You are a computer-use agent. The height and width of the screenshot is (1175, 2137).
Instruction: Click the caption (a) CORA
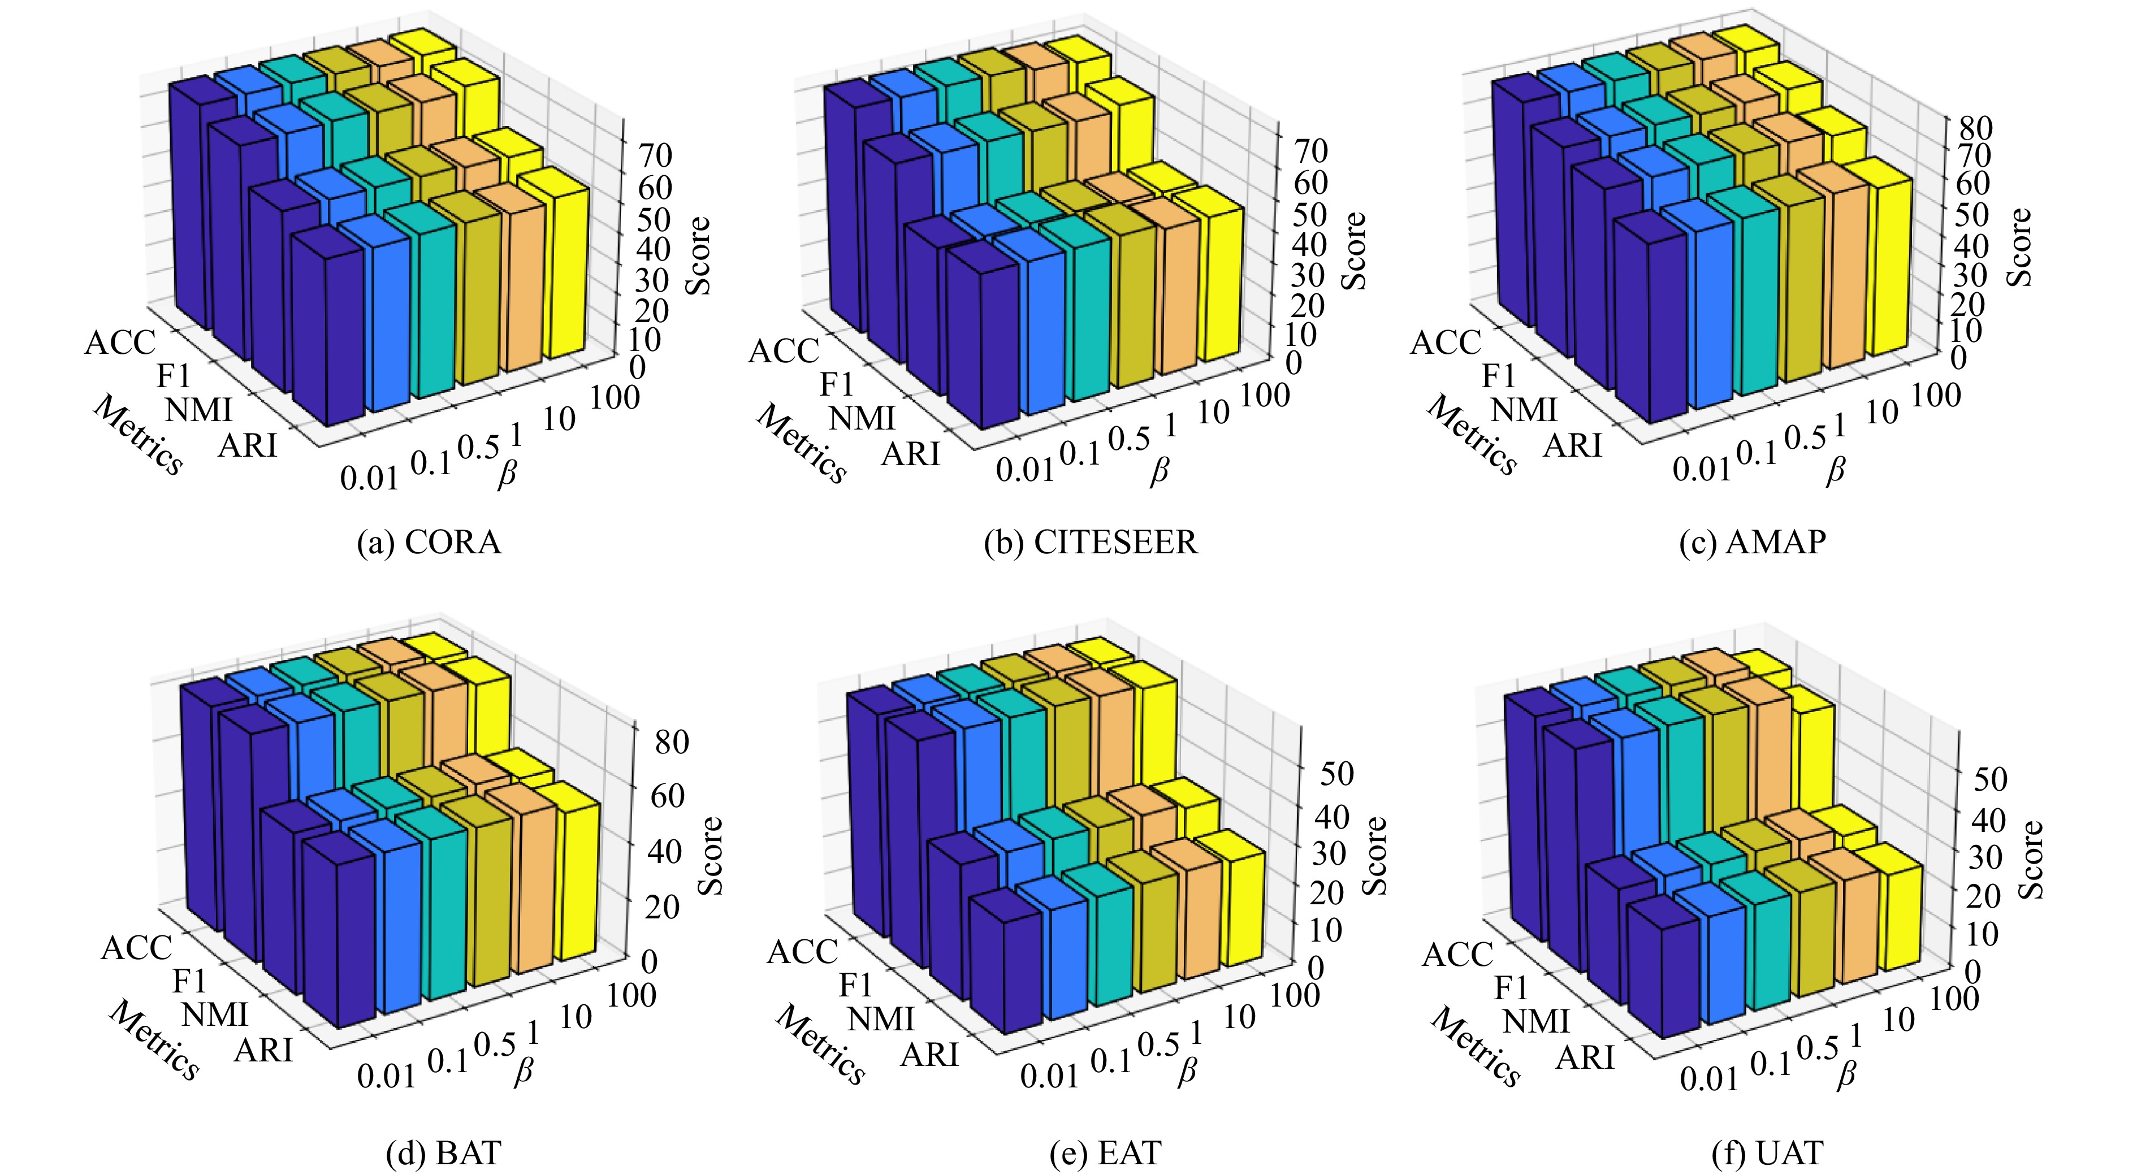pos(429,543)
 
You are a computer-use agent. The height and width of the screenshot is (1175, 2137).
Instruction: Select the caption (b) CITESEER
pos(1091,543)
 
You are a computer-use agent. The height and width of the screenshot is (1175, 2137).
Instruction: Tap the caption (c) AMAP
pos(1752,543)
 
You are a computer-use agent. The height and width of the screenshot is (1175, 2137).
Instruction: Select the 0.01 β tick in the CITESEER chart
pos(1024,470)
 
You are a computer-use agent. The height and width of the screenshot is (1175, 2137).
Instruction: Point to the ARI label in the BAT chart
pos(264,1051)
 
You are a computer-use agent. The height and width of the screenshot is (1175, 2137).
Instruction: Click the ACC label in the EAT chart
pos(802,952)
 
